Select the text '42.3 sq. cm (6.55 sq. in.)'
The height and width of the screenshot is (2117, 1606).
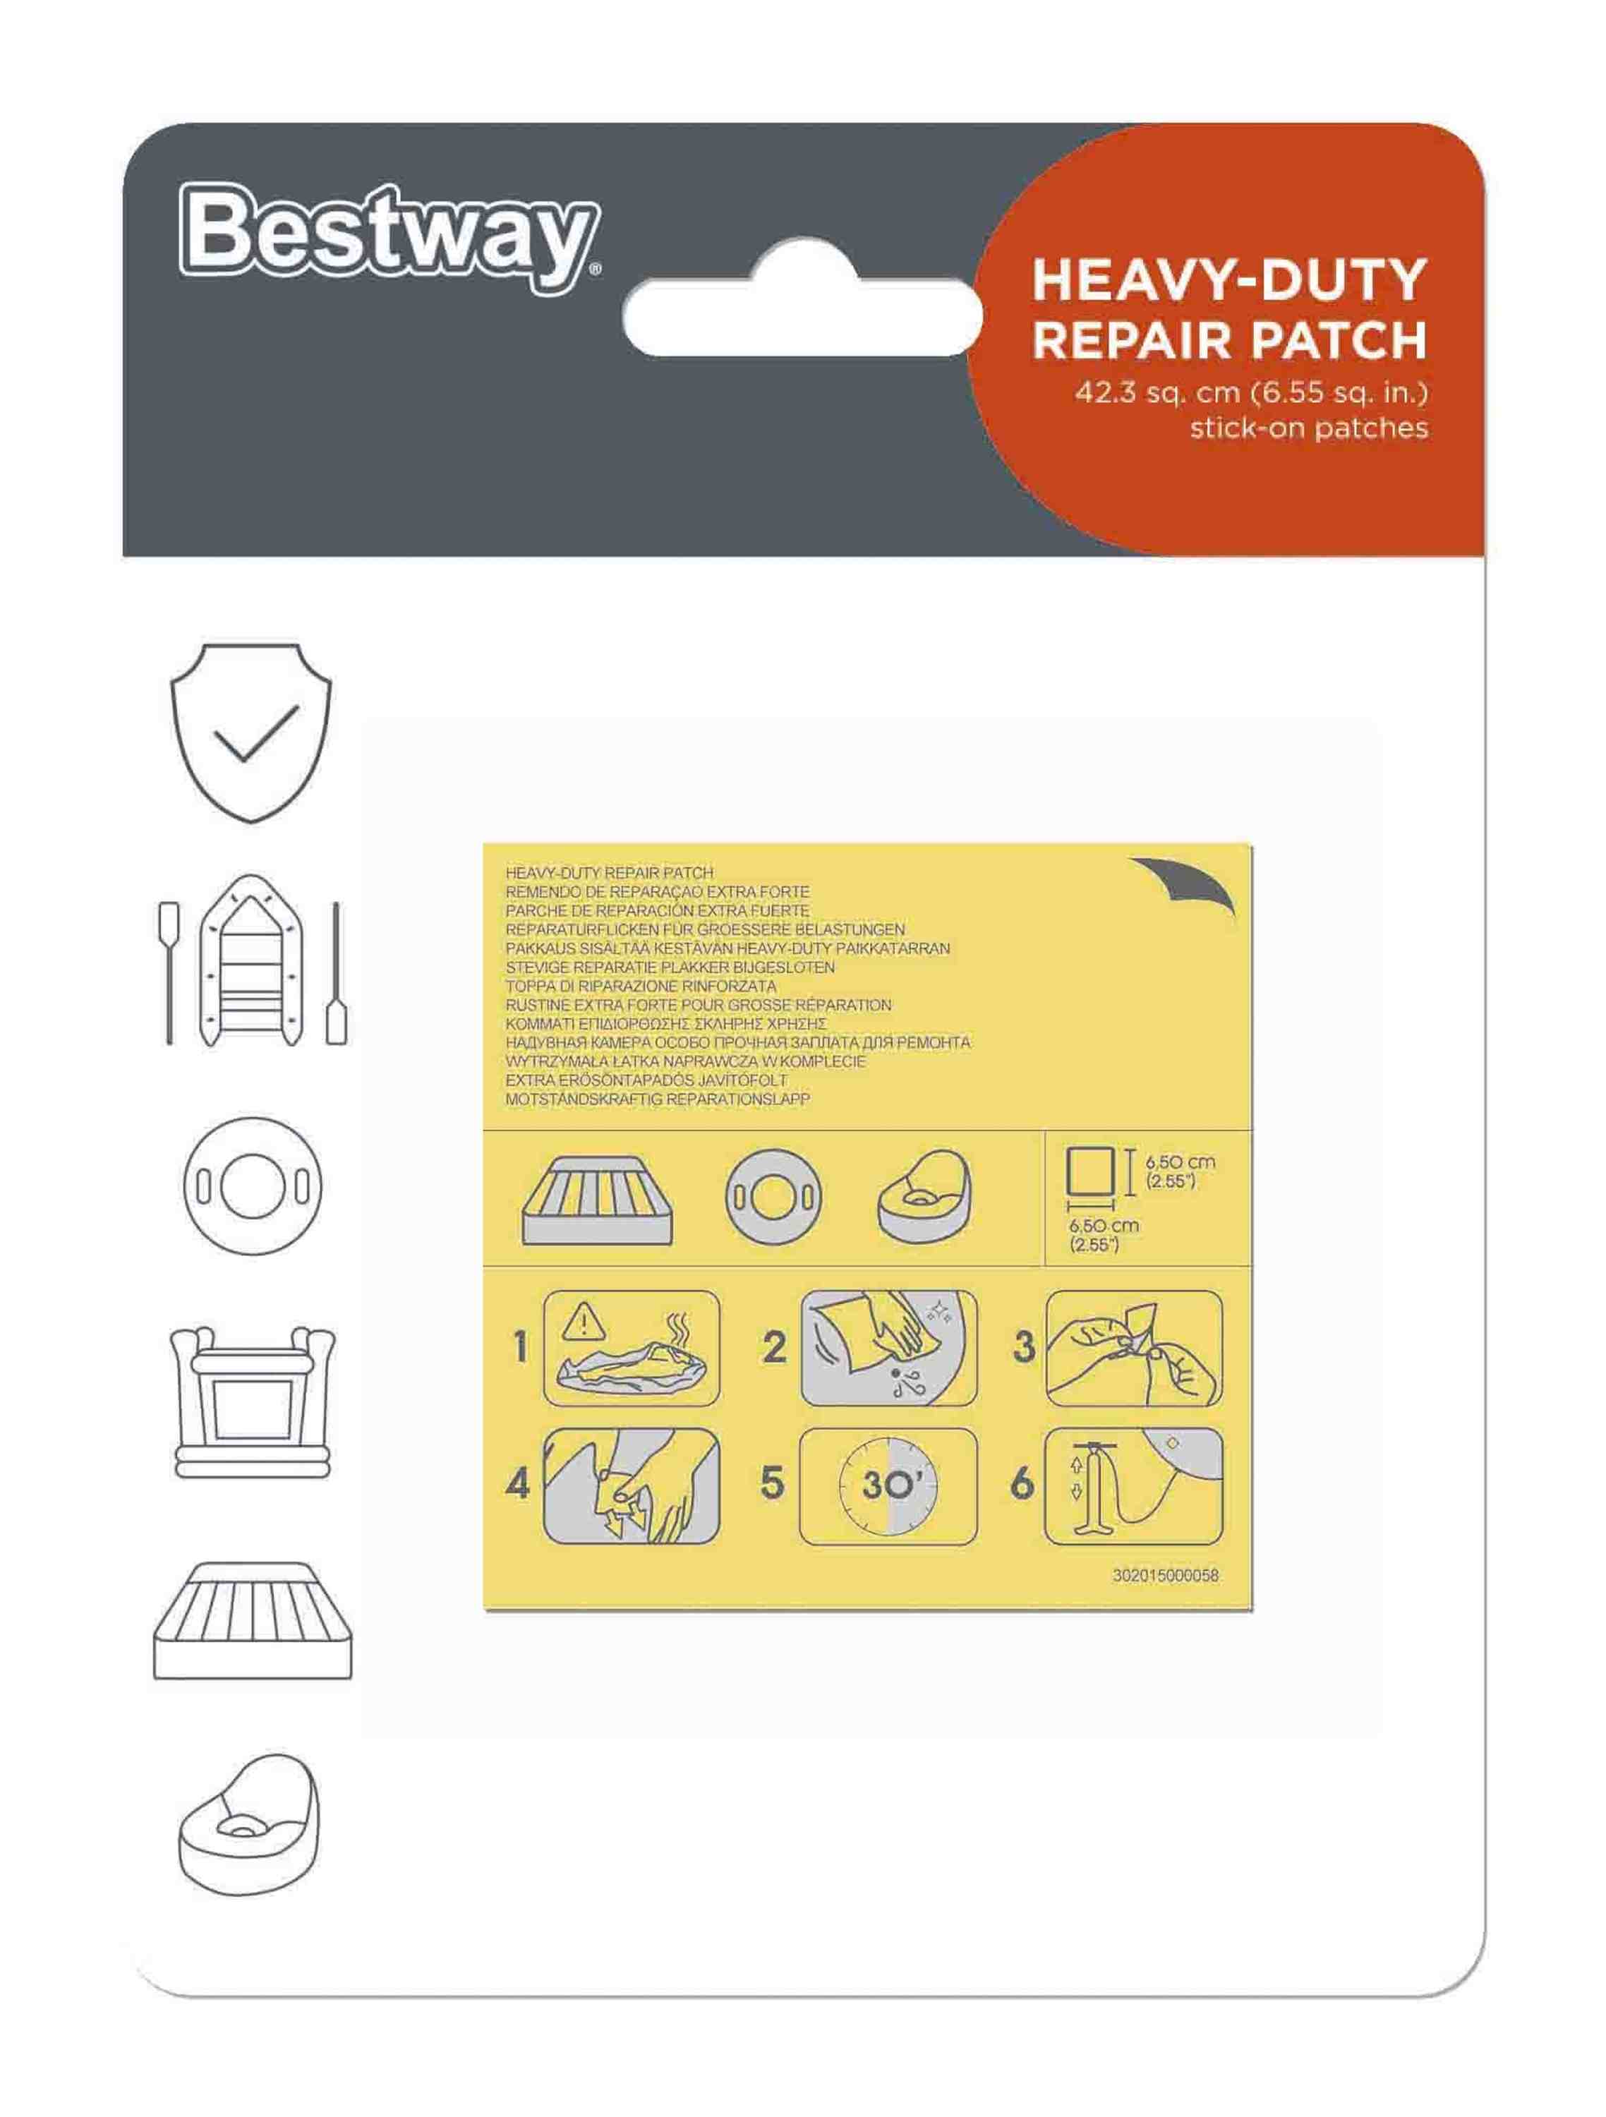(x=1251, y=392)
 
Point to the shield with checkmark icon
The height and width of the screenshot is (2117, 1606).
(x=250, y=732)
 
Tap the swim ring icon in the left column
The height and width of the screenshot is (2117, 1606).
(x=252, y=1186)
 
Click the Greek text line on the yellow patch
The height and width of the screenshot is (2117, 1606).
(x=665, y=1024)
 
